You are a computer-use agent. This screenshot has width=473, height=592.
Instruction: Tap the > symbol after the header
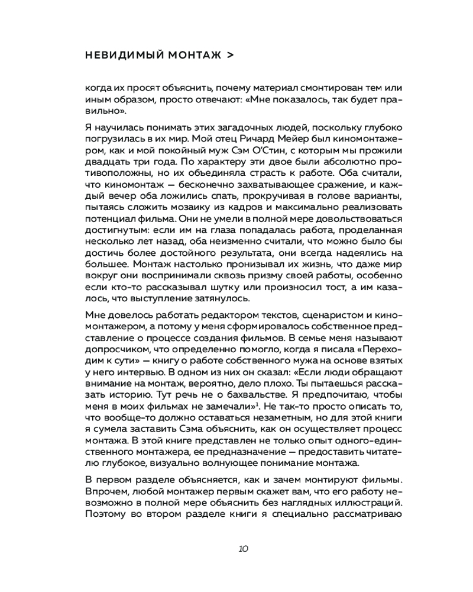230,55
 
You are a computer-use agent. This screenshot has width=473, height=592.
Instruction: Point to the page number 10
243,548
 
